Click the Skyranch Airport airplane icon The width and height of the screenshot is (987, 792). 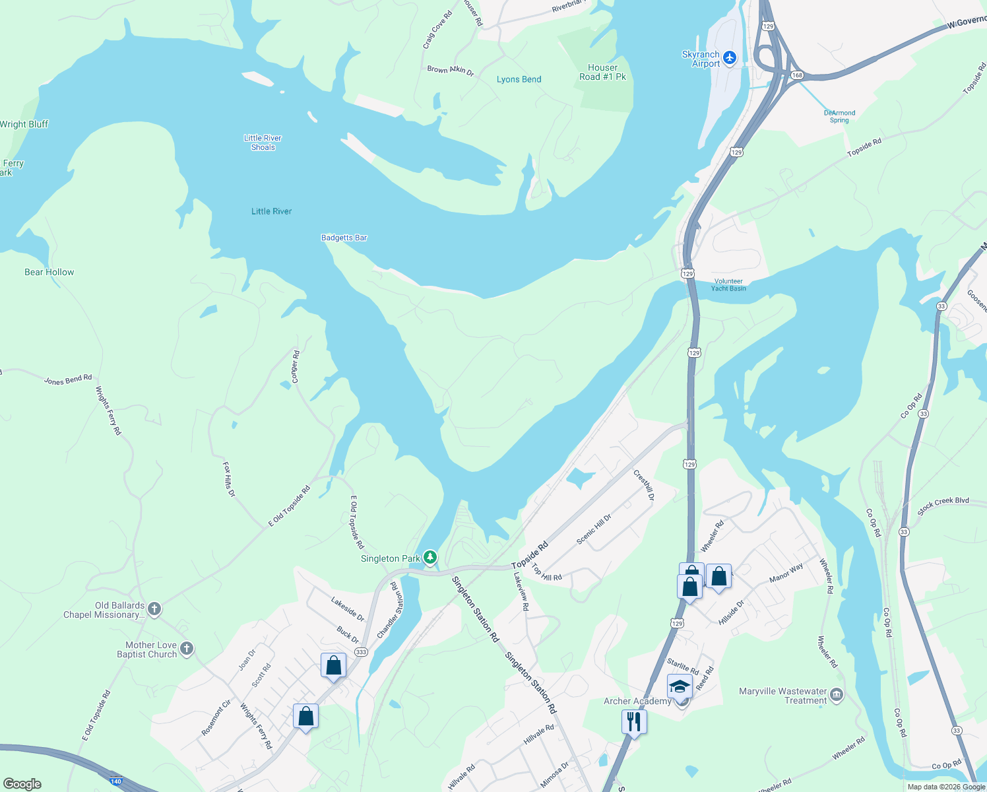pyautogui.click(x=730, y=59)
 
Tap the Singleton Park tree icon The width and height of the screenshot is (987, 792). pyautogui.click(x=430, y=558)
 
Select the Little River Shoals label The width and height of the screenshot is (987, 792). pyautogui.click(x=263, y=143)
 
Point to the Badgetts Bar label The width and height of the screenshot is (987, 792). pyautogui.click(x=344, y=238)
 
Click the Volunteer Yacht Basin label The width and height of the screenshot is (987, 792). pyautogui.click(x=728, y=284)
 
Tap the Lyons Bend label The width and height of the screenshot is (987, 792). pyautogui.click(x=519, y=79)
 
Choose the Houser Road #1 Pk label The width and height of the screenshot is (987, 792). pyautogui.click(x=602, y=72)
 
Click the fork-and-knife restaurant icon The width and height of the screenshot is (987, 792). pyautogui.click(x=633, y=721)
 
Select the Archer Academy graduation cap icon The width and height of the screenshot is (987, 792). pyautogui.click(x=680, y=686)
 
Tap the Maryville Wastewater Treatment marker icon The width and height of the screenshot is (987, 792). pyautogui.click(x=837, y=695)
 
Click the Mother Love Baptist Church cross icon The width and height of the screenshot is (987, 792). pyautogui.click(x=187, y=649)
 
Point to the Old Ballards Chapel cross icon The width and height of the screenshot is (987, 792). pyautogui.click(x=154, y=609)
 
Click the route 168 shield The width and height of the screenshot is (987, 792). pyautogui.click(x=797, y=75)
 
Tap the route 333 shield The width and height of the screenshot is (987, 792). pyautogui.click(x=361, y=652)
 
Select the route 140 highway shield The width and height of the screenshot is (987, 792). pyautogui.click(x=116, y=781)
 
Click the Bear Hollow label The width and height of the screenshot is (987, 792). pyautogui.click(x=49, y=272)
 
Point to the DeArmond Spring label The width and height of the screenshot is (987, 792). pyautogui.click(x=839, y=117)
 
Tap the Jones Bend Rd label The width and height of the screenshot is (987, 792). pyautogui.click(x=68, y=379)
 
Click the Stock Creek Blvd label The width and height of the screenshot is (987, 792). pyautogui.click(x=943, y=504)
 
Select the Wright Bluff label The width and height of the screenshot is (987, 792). pyautogui.click(x=24, y=124)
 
